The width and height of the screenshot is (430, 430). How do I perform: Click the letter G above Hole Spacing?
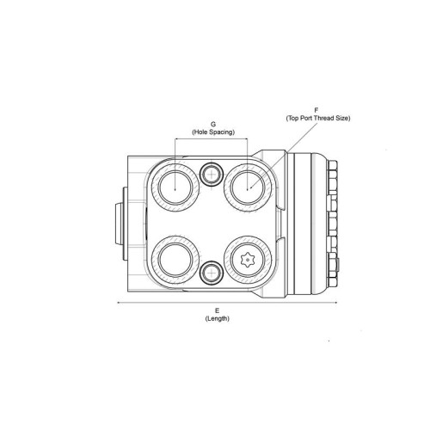(213, 125)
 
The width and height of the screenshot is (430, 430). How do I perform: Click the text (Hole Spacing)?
(213, 132)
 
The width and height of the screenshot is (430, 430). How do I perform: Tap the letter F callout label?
(316, 110)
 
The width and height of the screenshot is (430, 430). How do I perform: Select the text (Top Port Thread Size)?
(318, 118)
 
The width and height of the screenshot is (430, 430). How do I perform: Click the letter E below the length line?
(218, 310)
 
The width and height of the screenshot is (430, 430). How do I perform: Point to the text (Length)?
(218, 318)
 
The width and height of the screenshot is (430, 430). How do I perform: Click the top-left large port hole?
(175, 187)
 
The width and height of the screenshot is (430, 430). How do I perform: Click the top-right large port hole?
(248, 187)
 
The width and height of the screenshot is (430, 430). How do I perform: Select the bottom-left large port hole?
(175, 260)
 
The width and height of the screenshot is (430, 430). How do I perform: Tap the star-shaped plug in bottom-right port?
(248, 260)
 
